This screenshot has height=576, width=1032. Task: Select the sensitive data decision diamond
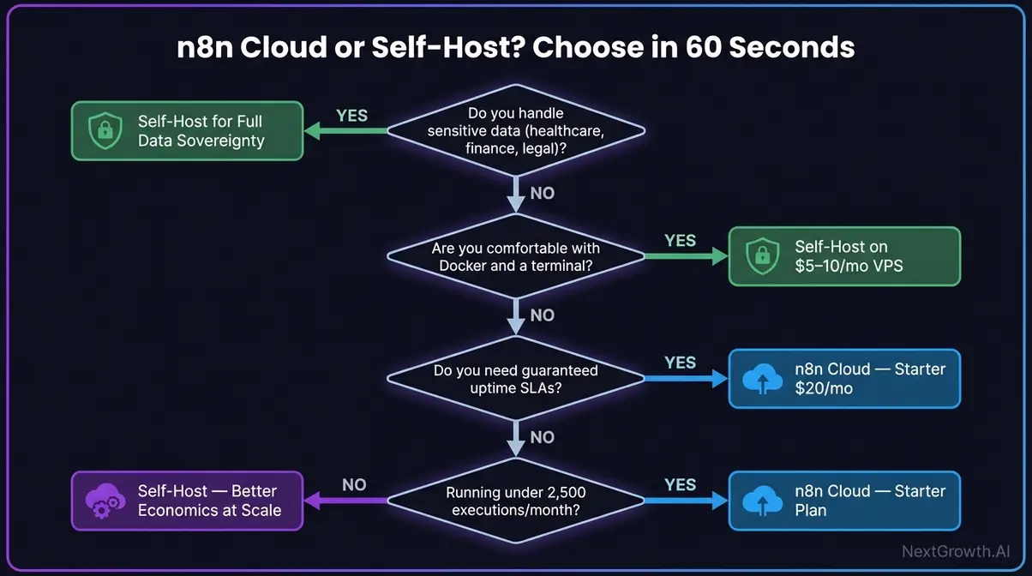515,131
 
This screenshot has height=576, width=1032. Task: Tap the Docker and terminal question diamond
515,256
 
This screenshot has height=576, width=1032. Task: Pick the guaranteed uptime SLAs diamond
515,379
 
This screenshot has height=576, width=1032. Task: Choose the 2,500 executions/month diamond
515,501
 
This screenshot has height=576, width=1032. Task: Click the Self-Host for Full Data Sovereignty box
187,131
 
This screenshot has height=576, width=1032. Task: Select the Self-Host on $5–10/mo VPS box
844,256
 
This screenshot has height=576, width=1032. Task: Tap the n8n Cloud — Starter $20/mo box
844,378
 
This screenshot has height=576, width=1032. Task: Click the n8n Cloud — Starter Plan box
844,501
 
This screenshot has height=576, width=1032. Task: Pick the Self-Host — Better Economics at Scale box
187,501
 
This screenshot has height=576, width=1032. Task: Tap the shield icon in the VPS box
759,256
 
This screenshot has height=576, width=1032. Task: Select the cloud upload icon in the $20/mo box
759,379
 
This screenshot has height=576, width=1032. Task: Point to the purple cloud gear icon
103,501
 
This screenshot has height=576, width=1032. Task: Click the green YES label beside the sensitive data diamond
351,116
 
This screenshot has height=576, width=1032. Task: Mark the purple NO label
354,485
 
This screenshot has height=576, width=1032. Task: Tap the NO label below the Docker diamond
542,315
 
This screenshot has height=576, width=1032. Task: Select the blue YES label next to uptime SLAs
680,363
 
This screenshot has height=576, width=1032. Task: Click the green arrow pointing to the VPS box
684,256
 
